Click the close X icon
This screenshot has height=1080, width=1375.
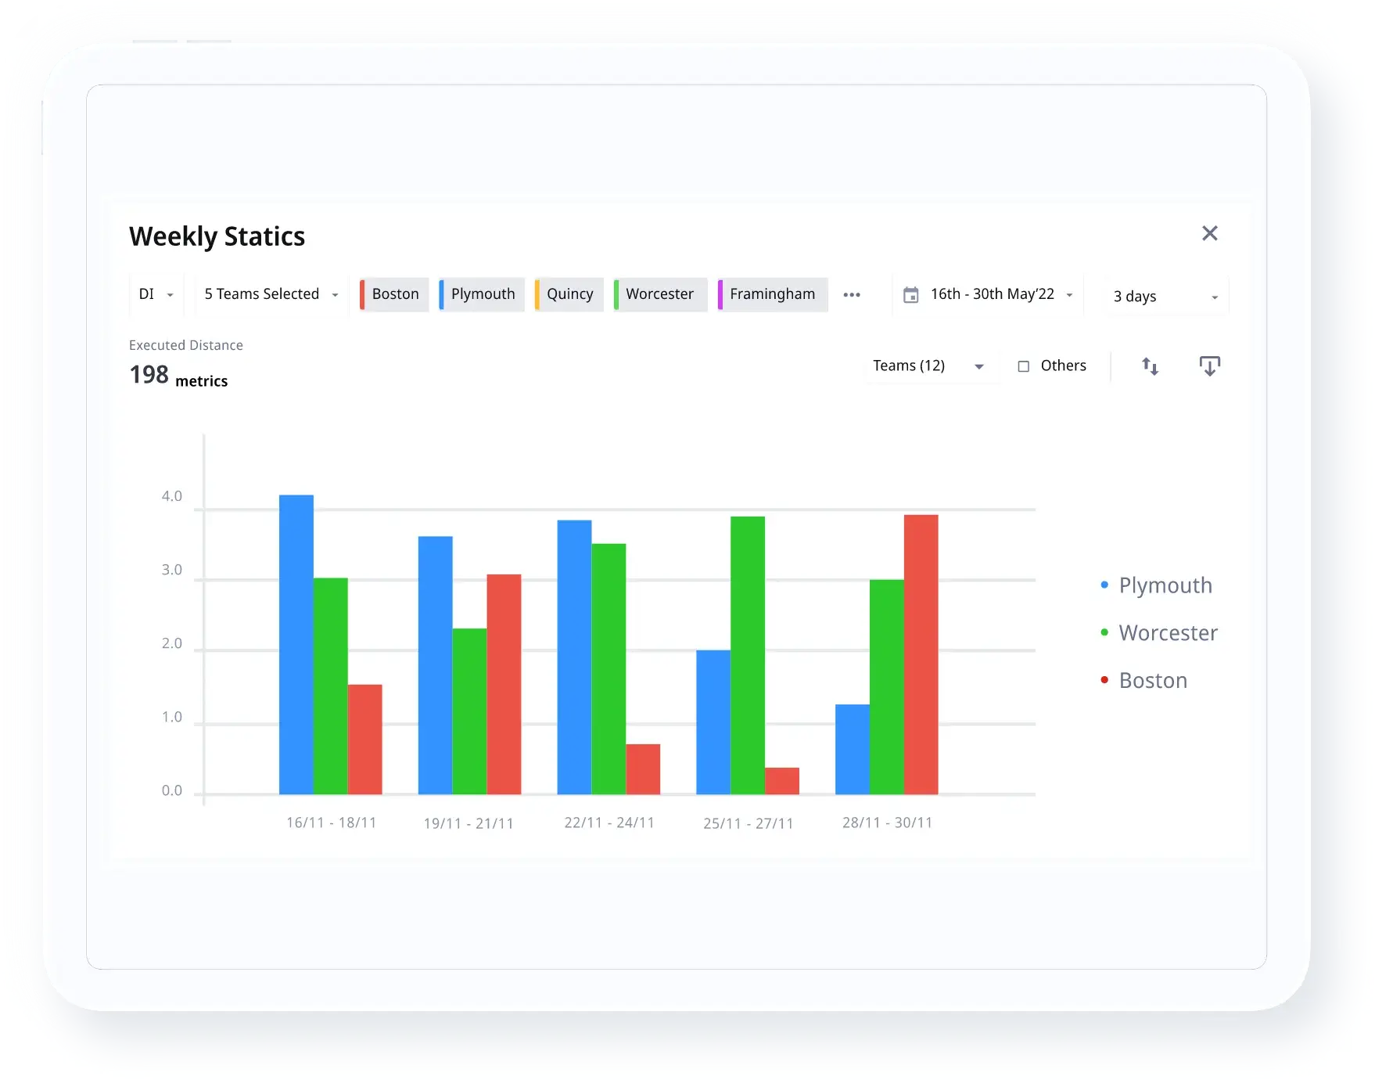click(x=1209, y=233)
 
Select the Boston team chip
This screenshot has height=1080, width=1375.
click(x=394, y=294)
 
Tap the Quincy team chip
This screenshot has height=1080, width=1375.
click(x=569, y=294)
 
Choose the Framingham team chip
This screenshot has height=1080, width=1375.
click(x=772, y=294)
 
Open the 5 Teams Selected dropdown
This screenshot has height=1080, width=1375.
click(x=271, y=294)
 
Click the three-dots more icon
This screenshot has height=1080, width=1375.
click(x=852, y=295)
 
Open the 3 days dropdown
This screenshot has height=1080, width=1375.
click(x=1165, y=296)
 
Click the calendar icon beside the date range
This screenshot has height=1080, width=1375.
click(x=911, y=295)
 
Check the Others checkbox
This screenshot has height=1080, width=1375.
click(x=1023, y=366)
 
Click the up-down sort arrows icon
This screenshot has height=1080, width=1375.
click(x=1150, y=366)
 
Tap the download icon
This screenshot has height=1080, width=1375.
click(x=1209, y=366)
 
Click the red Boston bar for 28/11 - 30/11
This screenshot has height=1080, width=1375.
click(x=921, y=654)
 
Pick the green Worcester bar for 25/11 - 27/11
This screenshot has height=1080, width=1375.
click(x=748, y=655)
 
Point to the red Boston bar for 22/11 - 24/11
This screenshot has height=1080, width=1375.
click(x=643, y=769)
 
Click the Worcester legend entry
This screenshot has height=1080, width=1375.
click(x=1167, y=633)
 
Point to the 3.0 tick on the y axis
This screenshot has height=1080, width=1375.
click(x=172, y=570)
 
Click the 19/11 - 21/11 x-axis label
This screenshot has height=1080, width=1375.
click(x=469, y=823)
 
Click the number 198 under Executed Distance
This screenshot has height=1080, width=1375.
click(x=149, y=376)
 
